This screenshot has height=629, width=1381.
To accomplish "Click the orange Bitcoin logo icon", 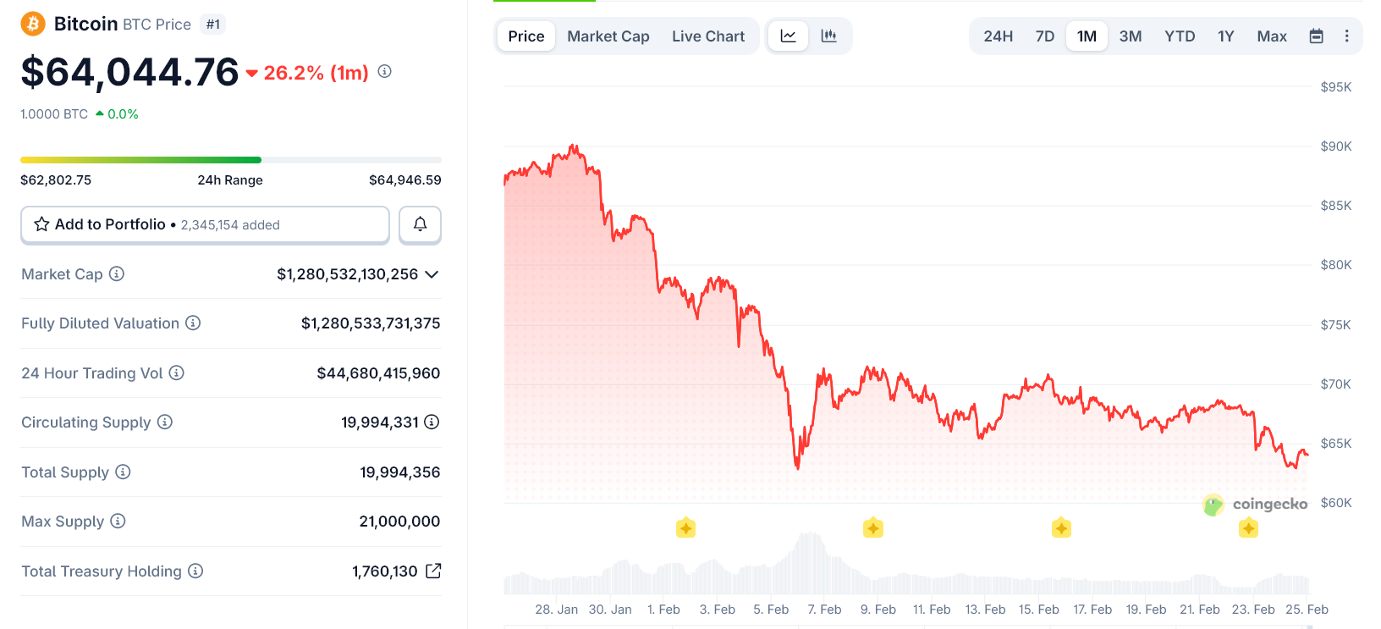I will pyautogui.click(x=33, y=24).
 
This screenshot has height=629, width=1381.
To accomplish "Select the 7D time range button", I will pyautogui.click(x=1045, y=36).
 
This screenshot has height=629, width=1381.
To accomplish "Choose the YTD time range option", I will pyautogui.click(x=1180, y=36).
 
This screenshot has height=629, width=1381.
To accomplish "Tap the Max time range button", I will pyautogui.click(x=1272, y=36).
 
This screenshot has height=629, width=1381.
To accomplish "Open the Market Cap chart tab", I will pyautogui.click(x=608, y=36).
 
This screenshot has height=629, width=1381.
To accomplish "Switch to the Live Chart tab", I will pyautogui.click(x=708, y=36).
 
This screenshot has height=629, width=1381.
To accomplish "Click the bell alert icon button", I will pyautogui.click(x=420, y=224).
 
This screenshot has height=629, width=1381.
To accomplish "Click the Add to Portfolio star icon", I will pyautogui.click(x=41, y=224).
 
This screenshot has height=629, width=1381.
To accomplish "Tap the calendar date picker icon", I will pyautogui.click(x=1316, y=36).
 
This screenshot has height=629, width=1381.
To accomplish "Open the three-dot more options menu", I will pyautogui.click(x=1346, y=36).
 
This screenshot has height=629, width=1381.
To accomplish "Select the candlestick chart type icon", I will pyautogui.click(x=828, y=36).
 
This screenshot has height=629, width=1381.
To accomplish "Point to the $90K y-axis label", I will pyautogui.click(x=1335, y=146).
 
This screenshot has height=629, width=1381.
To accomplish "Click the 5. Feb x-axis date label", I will pyautogui.click(x=771, y=610).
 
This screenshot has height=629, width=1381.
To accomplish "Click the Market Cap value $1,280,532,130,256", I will pyautogui.click(x=347, y=274).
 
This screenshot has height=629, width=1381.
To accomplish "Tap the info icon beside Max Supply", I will pyautogui.click(x=118, y=521).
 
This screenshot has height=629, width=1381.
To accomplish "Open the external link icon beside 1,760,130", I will pyautogui.click(x=433, y=571).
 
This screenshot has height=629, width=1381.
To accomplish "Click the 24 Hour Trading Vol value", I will pyautogui.click(x=378, y=373).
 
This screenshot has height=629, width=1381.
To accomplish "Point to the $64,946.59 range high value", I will pyautogui.click(x=404, y=180).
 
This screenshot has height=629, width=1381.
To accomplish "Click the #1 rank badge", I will pyautogui.click(x=213, y=25).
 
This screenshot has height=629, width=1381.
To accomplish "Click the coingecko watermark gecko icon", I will pyautogui.click(x=1213, y=505).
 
